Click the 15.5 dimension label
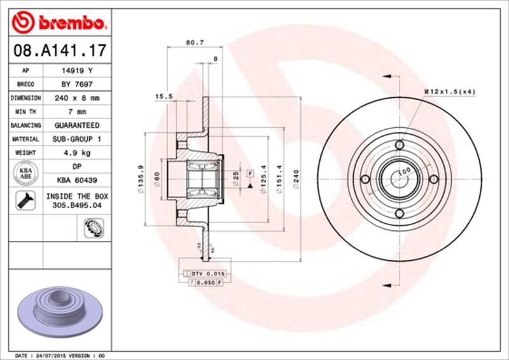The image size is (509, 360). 164,97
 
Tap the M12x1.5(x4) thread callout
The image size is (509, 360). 450,92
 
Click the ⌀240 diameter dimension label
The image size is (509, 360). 296,182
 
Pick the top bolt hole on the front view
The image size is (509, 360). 399,146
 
